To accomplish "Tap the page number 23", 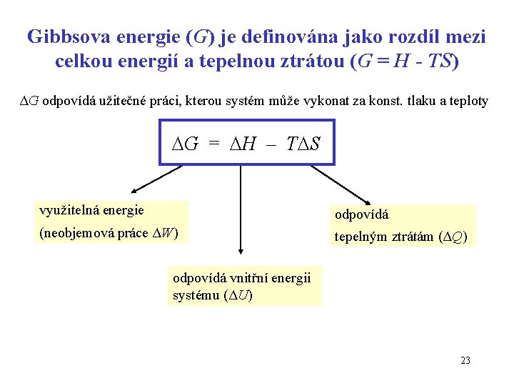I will pos(465,360).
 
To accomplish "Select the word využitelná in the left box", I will pos(63,210).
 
